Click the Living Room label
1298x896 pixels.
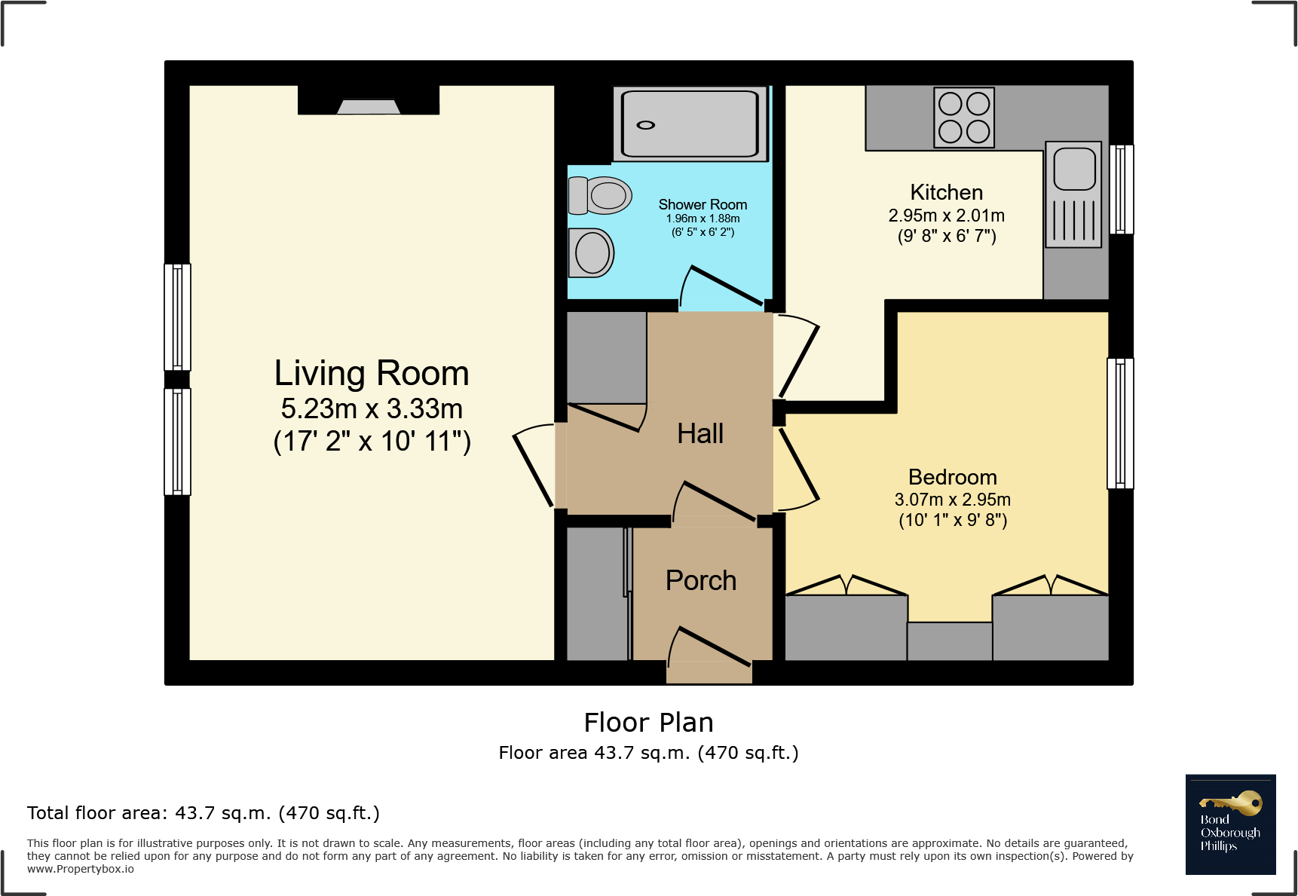pyautogui.click(x=372, y=374)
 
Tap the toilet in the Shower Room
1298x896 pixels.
pyautogui.click(x=601, y=196)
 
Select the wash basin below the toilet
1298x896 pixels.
pyautogui.click(x=592, y=252)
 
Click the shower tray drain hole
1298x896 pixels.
pyautogui.click(x=646, y=125)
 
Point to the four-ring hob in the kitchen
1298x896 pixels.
pyautogui.click(x=964, y=118)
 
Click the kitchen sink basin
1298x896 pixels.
pyautogui.click(x=1074, y=169)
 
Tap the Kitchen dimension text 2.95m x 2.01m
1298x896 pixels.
pyautogui.click(x=946, y=216)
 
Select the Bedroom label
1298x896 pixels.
pyautogui.click(x=952, y=477)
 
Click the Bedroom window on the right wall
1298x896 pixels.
pyautogui.click(x=1120, y=424)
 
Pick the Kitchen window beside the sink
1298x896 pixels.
pyautogui.click(x=1122, y=189)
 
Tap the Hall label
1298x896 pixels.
pyautogui.click(x=700, y=434)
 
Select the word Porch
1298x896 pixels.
pyautogui.click(x=700, y=580)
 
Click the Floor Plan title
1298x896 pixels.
pyautogui.click(x=648, y=723)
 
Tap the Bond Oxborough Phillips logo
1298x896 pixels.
pyautogui.click(x=1230, y=824)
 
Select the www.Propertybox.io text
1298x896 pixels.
pyautogui.click(x=81, y=869)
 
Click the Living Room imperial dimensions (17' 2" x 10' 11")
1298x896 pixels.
pyautogui.click(x=372, y=442)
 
